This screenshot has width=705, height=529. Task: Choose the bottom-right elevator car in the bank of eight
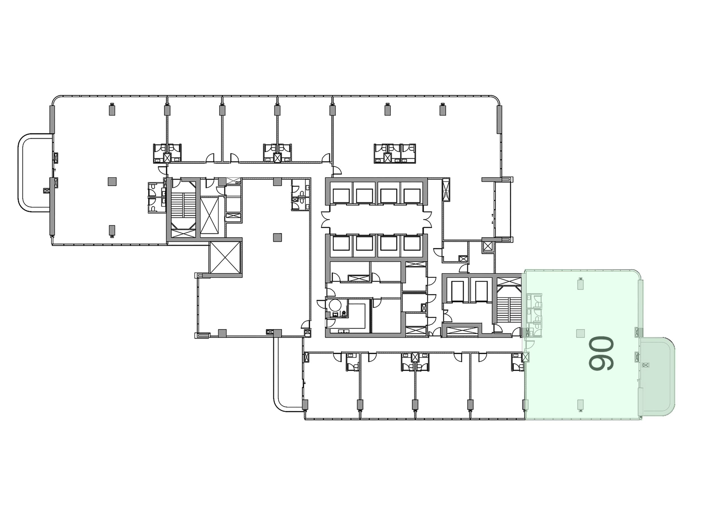point(411,244)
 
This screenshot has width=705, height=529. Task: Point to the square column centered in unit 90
point(580,334)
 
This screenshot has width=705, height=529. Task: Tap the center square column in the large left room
point(112,181)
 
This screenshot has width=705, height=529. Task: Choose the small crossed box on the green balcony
point(646,365)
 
